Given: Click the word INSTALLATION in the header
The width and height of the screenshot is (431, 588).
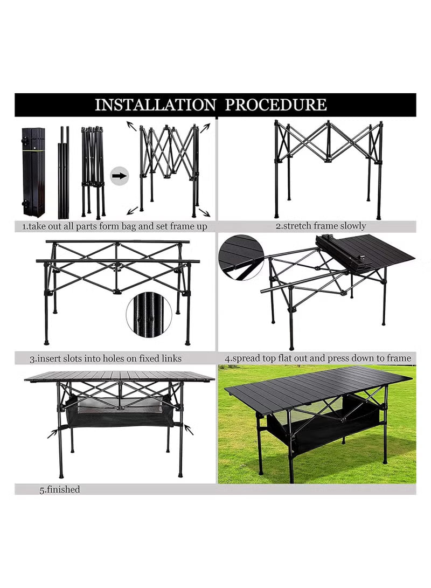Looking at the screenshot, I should click(x=155, y=105).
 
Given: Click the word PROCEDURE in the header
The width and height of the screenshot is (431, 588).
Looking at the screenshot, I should click(x=275, y=105).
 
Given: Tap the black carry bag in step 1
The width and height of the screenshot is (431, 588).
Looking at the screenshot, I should click(x=33, y=172).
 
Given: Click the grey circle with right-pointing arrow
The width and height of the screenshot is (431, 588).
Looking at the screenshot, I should click(x=120, y=175).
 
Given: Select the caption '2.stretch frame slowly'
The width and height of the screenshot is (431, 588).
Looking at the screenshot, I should click(x=321, y=226).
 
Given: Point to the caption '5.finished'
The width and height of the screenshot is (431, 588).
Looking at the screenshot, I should click(x=59, y=489).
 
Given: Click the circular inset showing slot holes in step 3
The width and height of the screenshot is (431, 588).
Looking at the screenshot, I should click(x=149, y=314).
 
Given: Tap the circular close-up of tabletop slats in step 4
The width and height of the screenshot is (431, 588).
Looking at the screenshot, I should click(x=241, y=257).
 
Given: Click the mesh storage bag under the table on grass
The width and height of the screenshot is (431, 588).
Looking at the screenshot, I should click(x=323, y=426).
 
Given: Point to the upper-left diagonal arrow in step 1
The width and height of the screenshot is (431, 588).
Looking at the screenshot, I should click(x=131, y=126).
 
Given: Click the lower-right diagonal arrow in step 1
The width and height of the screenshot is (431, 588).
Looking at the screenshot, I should click(x=204, y=212).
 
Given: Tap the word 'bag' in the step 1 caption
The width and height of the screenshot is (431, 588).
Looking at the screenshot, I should click(x=125, y=226).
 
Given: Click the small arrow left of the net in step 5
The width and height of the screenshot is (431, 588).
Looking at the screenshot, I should click(x=52, y=433).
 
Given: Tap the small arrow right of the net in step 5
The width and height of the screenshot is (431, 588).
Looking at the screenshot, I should click(x=188, y=429).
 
